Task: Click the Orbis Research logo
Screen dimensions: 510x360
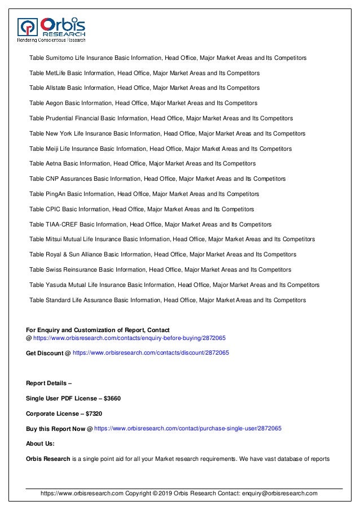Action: click(51, 28)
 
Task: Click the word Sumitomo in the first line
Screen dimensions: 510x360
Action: click(59, 58)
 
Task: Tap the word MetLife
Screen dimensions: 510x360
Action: click(55, 73)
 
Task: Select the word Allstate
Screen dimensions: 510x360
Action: click(55, 88)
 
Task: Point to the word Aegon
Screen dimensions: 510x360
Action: click(54, 103)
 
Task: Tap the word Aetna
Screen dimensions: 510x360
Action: click(53, 164)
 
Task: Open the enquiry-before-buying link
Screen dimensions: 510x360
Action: click(129, 338)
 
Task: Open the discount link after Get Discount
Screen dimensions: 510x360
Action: click(151, 352)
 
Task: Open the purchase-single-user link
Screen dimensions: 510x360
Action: click(187, 429)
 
